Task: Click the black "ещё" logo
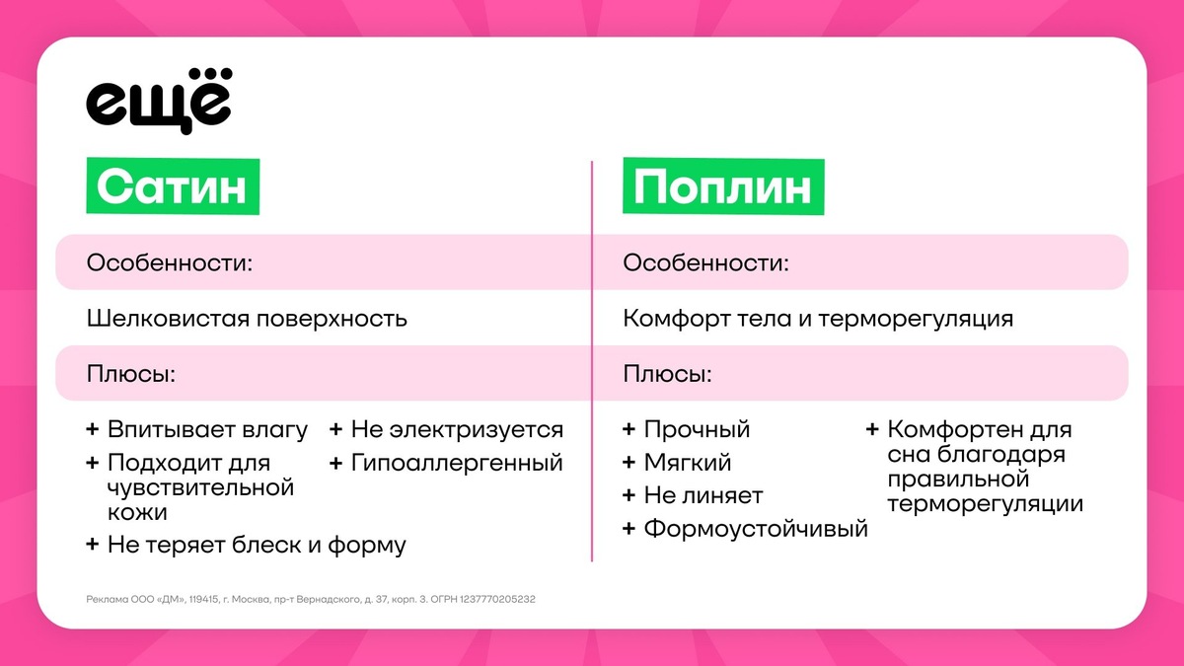pyautogui.click(x=159, y=101)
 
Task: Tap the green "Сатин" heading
pyautogui.click(x=173, y=186)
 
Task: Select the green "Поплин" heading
pyautogui.click(x=723, y=186)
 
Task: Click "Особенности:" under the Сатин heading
pyautogui.click(x=170, y=262)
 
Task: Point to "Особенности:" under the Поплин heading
pyautogui.click(x=705, y=262)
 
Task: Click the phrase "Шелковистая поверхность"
pyautogui.click(x=247, y=319)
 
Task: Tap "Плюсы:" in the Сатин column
pyautogui.click(x=131, y=374)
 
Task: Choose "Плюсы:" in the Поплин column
pyautogui.click(x=668, y=374)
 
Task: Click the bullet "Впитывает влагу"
pyautogui.click(x=207, y=430)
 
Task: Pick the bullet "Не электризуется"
pyautogui.click(x=457, y=430)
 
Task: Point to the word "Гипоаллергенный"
pyautogui.click(x=457, y=463)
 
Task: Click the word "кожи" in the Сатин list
pyautogui.click(x=137, y=512)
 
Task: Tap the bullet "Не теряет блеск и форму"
pyautogui.click(x=257, y=545)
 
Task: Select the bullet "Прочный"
pyautogui.click(x=697, y=430)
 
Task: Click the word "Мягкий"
pyautogui.click(x=687, y=463)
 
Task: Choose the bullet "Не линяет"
pyautogui.click(x=703, y=495)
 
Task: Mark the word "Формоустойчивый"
pyautogui.click(x=756, y=529)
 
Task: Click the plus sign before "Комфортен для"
pyautogui.click(x=872, y=429)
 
